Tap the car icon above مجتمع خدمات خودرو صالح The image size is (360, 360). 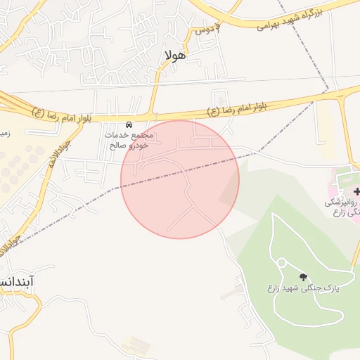point(128,124)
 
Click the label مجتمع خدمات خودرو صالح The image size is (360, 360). point(127,140)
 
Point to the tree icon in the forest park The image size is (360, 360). point(304,278)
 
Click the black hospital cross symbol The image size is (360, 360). point(356,191)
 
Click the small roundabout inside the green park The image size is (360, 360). point(281,263)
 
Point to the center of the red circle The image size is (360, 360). point(180,179)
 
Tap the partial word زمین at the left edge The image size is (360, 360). point(4,131)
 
